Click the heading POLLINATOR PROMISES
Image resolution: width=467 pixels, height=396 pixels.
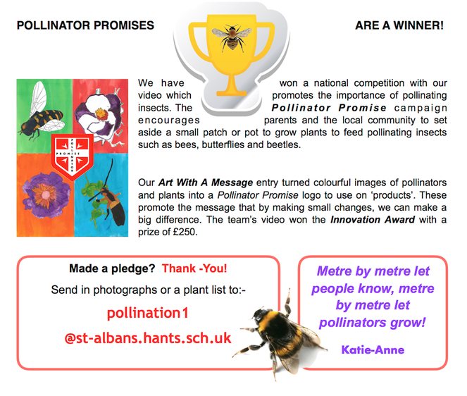tap(85, 25)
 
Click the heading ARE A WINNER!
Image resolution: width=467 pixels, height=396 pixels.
tap(399, 25)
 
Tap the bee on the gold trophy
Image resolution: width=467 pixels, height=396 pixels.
tap(232, 38)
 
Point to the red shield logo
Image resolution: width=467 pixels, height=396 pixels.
tap(73, 156)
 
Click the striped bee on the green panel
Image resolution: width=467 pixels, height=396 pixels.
tap(42, 112)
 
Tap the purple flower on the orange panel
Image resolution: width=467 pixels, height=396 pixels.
tap(45, 196)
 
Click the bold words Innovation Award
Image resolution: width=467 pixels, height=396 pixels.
tap(373, 220)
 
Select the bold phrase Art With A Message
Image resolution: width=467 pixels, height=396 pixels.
tap(206, 182)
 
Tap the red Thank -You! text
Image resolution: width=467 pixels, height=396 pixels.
tap(194, 268)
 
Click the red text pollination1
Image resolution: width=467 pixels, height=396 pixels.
tap(148, 313)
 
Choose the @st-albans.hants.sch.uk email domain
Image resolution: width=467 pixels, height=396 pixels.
tap(148, 338)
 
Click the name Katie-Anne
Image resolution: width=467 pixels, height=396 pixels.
tap(373, 349)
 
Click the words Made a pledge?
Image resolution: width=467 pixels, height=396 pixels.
tap(112, 268)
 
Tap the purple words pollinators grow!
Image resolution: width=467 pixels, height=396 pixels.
tap(373, 323)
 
